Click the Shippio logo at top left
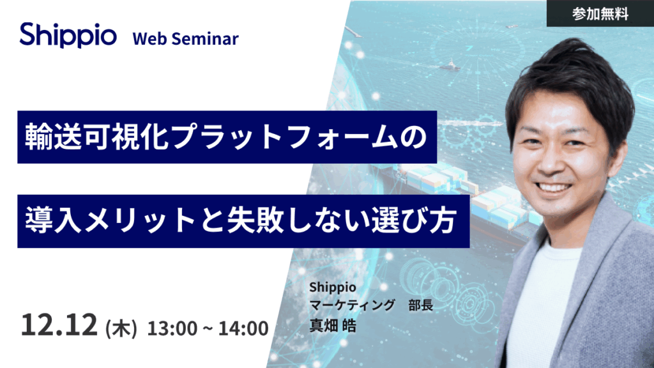pos(68,35)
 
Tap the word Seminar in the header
pos(205,39)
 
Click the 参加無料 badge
pos(600,13)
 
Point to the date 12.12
pos(59,325)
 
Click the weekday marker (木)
pos(121,328)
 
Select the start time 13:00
pos(172,328)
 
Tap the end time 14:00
pos(243,328)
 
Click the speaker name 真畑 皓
pos(332,326)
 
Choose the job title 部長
pos(421,305)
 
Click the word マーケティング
pos(352,305)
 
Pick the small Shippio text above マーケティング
pos(332,287)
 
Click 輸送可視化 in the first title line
pos(96,137)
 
